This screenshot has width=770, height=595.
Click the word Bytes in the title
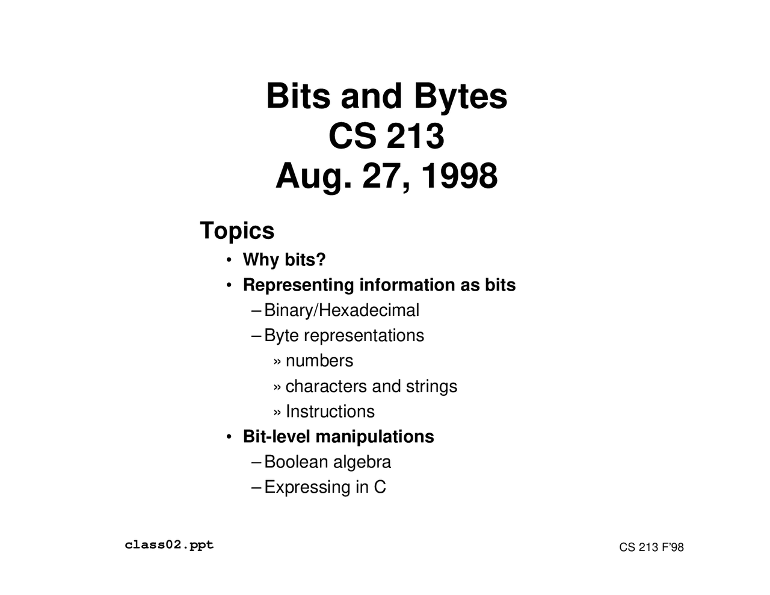[x=460, y=96]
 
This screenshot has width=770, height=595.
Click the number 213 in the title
[x=415, y=136]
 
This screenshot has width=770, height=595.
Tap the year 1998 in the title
[x=459, y=176]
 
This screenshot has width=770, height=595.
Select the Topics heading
[x=237, y=231]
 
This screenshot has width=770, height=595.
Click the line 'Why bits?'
[x=284, y=260]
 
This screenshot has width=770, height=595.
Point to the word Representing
[x=298, y=285]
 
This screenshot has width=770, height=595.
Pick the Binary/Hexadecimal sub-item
[x=342, y=310]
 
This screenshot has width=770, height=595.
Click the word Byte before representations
[x=281, y=336]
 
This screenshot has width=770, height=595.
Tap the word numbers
[x=319, y=361]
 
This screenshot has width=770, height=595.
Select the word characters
[x=326, y=386]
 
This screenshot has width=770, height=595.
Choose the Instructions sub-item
[x=330, y=412]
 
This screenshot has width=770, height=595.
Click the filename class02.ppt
[x=169, y=545]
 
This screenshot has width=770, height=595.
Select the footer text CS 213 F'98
[x=651, y=547]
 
